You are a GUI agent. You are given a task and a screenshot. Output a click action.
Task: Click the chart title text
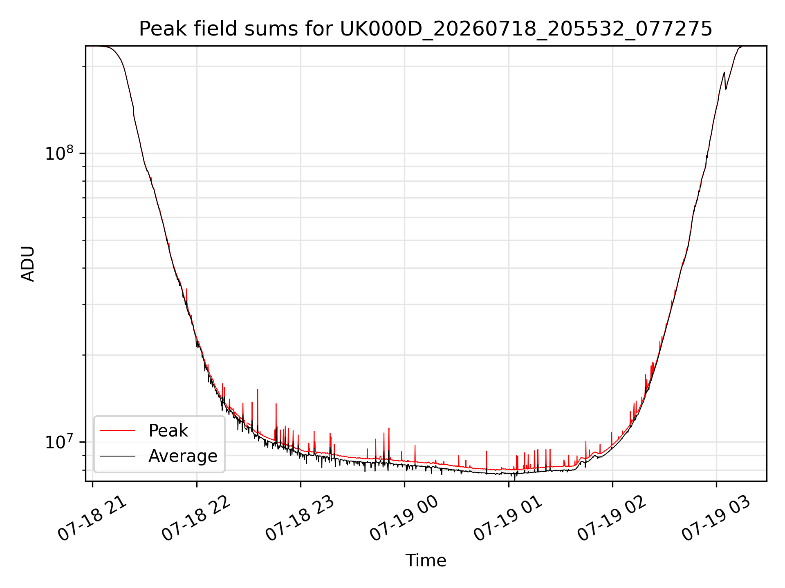click(x=426, y=29)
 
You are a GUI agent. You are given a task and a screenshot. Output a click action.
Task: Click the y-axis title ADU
click(x=28, y=263)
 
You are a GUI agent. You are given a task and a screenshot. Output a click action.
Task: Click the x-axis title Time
click(x=426, y=560)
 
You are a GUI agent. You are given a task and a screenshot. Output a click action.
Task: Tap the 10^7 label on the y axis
click(x=59, y=441)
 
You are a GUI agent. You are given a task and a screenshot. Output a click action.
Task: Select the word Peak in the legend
click(x=168, y=430)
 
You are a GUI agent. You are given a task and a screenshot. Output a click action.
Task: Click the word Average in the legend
click(x=183, y=456)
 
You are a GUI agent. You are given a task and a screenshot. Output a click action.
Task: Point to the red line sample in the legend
click(x=118, y=430)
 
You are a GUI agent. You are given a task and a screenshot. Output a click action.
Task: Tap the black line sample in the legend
click(x=118, y=456)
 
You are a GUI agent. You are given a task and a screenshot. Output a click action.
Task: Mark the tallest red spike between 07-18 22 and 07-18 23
click(x=258, y=390)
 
